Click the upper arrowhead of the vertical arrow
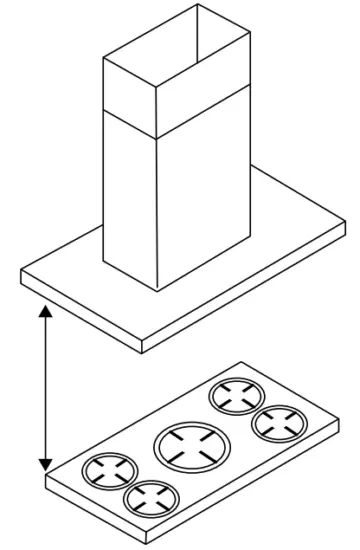[44, 314]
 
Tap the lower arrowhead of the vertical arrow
[44, 462]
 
